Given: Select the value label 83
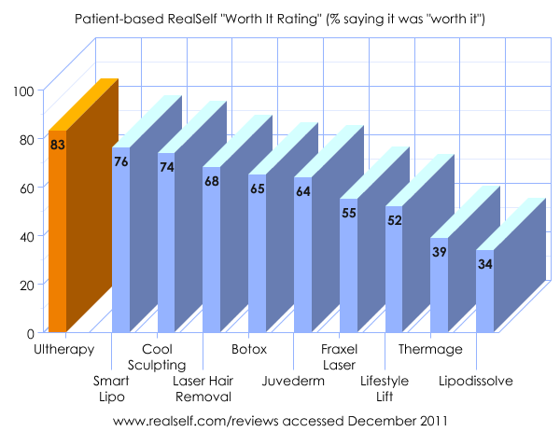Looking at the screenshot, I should (x=58, y=144).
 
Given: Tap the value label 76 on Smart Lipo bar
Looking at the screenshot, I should (x=121, y=161).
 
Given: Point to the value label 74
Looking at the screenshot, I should (x=167, y=167).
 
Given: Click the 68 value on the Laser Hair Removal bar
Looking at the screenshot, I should (x=212, y=181).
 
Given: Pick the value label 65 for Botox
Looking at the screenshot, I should (x=258, y=188).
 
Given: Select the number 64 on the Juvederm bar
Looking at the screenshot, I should (x=303, y=191).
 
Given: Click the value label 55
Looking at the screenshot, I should (x=349, y=213).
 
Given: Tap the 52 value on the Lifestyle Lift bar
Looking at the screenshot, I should (x=395, y=220).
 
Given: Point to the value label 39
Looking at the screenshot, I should (x=440, y=252).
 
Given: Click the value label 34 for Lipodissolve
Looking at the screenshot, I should (x=485, y=264).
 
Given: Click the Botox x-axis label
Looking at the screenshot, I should (x=249, y=350).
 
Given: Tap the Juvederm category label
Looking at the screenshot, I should (x=294, y=381).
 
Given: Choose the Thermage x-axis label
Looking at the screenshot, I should (x=430, y=350).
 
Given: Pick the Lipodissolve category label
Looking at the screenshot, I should (x=476, y=381).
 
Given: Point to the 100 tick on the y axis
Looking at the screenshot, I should (x=24, y=91).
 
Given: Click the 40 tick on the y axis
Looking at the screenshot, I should (x=27, y=236).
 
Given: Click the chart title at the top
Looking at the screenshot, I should (x=280, y=19).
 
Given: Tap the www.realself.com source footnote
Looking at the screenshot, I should (x=280, y=422).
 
